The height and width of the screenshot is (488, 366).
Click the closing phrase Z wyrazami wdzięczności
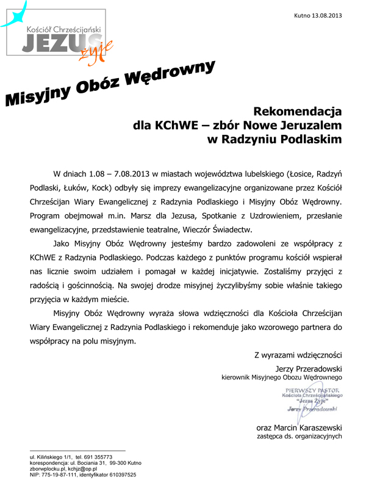click(298, 355)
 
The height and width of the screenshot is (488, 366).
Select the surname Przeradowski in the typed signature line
click(318, 369)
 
